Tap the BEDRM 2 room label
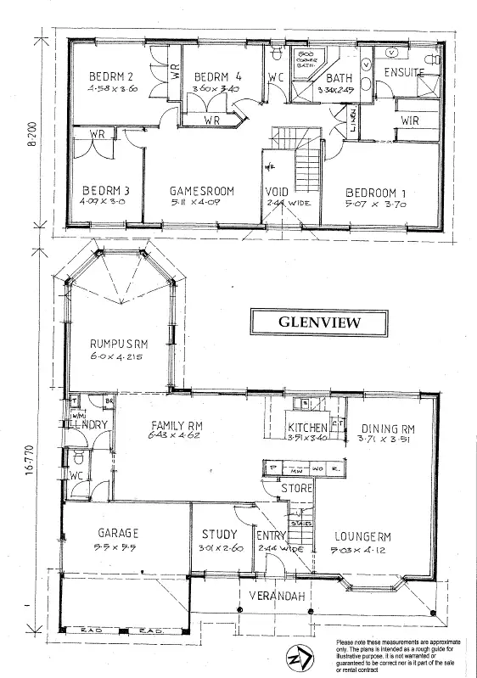pyautogui.click(x=113, y=77)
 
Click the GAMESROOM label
pyautogui.click(x=201, y=191)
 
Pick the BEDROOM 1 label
pyautogui.click(x=374, y=191)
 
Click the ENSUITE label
pyautogui.click(x=403, y=73)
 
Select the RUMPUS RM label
pyautogui.click(x=120, y=344)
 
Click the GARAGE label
pyautogui.click(x=117, y=533)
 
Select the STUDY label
pyautogui.click(x=219, y=535)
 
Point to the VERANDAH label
pyautogui.click(x=274, y=595)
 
